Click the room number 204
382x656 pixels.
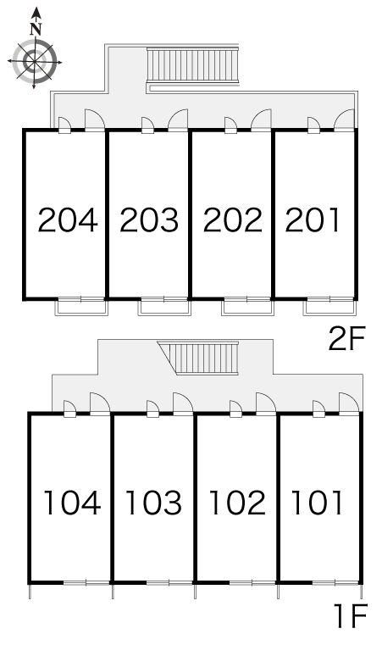click(x=68, y=220)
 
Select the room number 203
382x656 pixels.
click(x=149, y=220)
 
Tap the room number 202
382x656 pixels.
click(x=233, y=220)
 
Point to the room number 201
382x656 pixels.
click(x=313, y=220)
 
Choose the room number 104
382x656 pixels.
click(x=72, y=503)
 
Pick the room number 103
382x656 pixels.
click(x=153, y=503)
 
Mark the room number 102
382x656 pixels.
click(x=237, y=503)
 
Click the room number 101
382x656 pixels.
click(x=317, y=503)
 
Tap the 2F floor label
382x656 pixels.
click(x=347, y=339)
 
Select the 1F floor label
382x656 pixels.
click(x=350, y=615)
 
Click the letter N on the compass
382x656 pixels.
click(x=36, y=29)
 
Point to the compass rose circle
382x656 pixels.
click(x=34, y=62)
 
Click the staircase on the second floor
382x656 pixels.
click(x=192, y=65)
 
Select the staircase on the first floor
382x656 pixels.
click(x=198, y=358)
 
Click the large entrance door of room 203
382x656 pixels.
click(x=178, y=120)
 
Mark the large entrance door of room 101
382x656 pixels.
click(x=349, y=403)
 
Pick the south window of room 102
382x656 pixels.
click(x=252, y=582)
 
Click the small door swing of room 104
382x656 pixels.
click(x=69, y=409)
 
